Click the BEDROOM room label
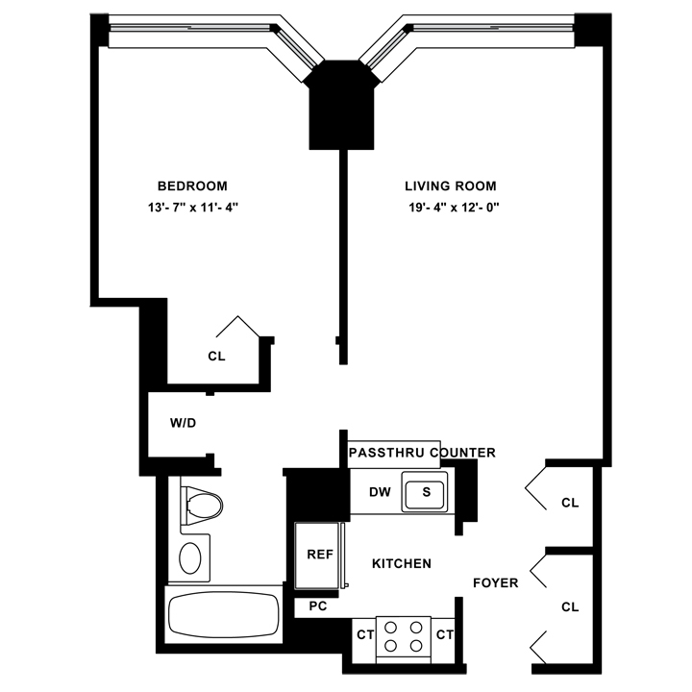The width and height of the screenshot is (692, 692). [x=192, y=185]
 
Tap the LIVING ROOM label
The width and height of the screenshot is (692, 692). [x=451, y=185]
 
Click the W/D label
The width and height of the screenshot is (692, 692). [x=183, y=423]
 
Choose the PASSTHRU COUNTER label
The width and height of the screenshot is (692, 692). [x=422, y=452]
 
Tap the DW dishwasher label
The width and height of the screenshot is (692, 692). [x=380, y=492]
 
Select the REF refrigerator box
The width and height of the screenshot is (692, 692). [x=318, y=556]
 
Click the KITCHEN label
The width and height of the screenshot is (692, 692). [x=401, y=564]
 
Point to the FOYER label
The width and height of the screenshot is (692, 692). [x=496, y=582]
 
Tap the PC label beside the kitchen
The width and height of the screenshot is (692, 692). [x=317, y=606]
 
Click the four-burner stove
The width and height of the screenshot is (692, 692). [x=404, y=634]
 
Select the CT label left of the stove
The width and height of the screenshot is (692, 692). [x=364, y=633]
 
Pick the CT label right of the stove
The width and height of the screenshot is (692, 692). [x=444, y=633]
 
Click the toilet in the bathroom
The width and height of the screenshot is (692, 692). [x=203, y=505]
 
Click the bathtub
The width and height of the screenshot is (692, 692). [x=223, y=612]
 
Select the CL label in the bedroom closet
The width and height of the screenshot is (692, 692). [x=216, y=356]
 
